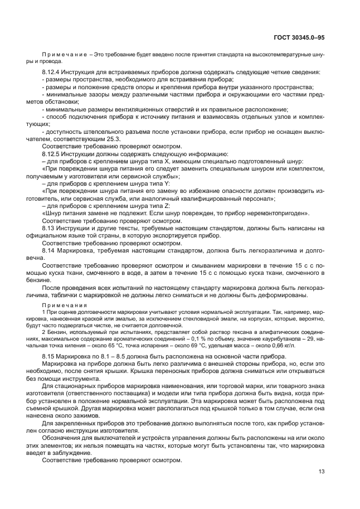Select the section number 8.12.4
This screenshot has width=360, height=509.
(x=51, y=72)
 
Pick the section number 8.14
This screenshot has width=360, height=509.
(x=47, y=251)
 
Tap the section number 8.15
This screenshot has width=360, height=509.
(x=47, y=356)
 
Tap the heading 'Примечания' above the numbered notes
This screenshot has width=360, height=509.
(x=62, y=306)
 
